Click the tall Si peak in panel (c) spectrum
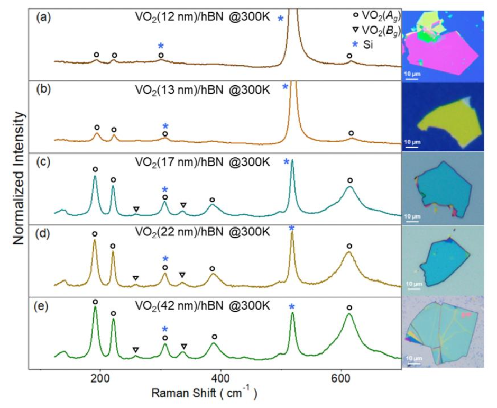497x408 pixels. [292, 164]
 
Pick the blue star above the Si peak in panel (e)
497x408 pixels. [291, 306]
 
